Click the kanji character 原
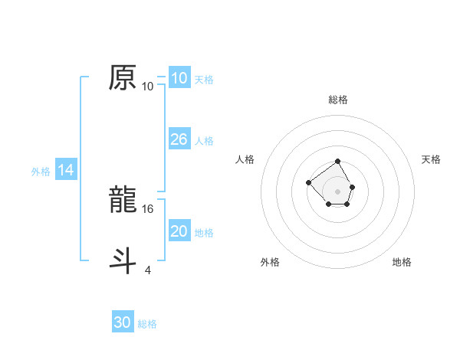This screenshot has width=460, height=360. [x=123, y=77]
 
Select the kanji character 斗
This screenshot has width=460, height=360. [x=123, y=259]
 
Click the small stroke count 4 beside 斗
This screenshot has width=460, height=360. [x=147, y=269]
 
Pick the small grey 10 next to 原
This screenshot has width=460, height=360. [x=148, y=87]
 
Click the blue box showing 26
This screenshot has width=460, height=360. [x=179, y=139]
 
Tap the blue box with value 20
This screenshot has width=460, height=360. [x=179, y=231]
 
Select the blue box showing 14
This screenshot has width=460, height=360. [x=66, y=170]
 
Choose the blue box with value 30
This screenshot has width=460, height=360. [x=123, y=322]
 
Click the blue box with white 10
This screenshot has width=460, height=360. [x=179, y=78]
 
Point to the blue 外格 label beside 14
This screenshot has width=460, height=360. [x=41, y=172]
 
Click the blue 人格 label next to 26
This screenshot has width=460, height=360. [x=204, y=141]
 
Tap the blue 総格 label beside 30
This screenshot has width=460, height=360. [x=147, y=324]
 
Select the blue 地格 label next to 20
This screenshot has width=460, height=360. [x=204, y=233]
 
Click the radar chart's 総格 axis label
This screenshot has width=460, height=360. [x=338, y=100]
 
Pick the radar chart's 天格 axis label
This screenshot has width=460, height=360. [x=432, y=159]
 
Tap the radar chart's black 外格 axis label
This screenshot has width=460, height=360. [x=270, y=262]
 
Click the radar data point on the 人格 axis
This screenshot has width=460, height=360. [x=308, y=182]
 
